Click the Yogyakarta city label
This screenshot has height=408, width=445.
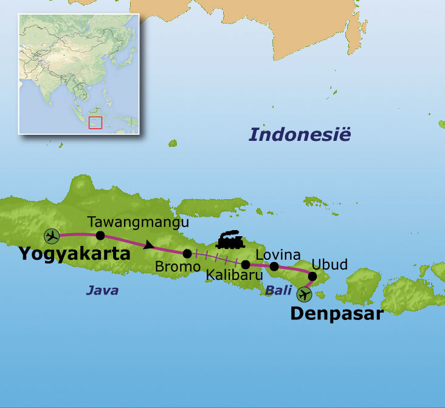(x=74, y=253)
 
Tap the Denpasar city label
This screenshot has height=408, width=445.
(x=336, y=313)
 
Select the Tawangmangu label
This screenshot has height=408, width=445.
(x=138, y=223)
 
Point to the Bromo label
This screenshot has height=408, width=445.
(x=178, y=267)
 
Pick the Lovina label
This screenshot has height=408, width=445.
(x=278, y=254)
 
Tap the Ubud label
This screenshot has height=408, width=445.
(x=329, y=264)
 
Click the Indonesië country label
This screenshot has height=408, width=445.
(x=300, y=134)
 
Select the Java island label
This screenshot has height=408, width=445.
(x=102, y=291)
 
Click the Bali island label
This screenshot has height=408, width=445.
(x=278, y=291)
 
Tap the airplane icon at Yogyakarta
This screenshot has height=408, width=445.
(x=52, y=236)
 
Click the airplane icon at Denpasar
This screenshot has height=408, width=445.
(x=304, y=295)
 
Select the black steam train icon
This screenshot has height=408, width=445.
(x=230, y=240)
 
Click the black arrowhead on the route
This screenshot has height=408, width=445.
(x=148, y=245)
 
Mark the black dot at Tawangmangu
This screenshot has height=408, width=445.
(x=100, y=236)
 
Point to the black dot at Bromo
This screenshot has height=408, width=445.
(x=187, y=254)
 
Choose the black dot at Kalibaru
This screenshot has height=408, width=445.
(x=246, y=265)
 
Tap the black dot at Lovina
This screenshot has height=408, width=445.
(x=274, y=267)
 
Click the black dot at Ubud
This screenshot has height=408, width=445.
(x=312, y=277)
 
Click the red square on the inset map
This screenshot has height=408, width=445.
(x=95, y=123)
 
